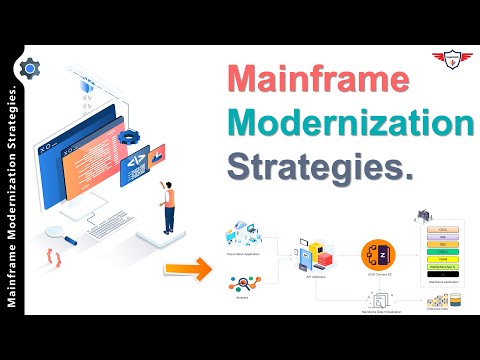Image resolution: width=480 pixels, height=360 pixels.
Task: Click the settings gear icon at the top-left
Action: point(30,68)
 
